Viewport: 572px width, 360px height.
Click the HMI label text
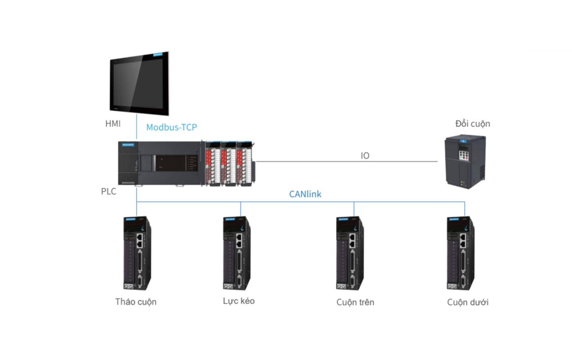coord(113,123)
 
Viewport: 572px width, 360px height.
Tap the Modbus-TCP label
coord(171,127)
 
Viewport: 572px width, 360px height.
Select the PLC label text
coord(108,192)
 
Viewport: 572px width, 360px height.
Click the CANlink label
coord(305,194)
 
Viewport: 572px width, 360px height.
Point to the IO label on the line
coord(365,156)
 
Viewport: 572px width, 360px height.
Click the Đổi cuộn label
coord(473,123)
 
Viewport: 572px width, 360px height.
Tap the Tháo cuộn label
coord(136,301)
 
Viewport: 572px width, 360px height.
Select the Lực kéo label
coord(239,301)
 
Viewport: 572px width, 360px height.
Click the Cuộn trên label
coord(355,302)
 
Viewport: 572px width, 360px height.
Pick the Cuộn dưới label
coord(468,302)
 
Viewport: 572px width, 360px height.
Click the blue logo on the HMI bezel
coord(160,55)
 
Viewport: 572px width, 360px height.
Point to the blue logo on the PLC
coord(128,145)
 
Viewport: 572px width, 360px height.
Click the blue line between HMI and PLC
coord(136,128)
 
